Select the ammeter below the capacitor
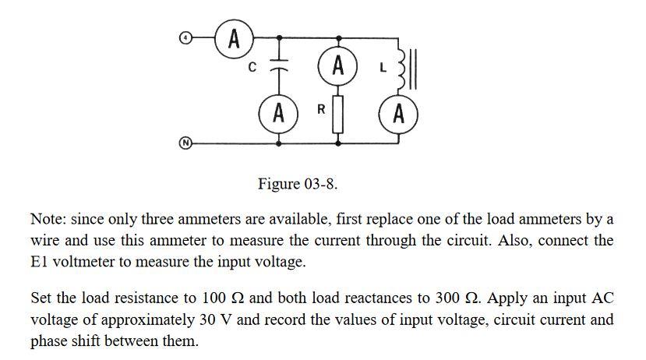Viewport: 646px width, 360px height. (x=278, y=114)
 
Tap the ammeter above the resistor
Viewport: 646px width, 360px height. (x=337, y=65)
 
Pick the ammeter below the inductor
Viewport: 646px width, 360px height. (x=398, y=114)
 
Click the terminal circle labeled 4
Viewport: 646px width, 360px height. (x=185, y=37)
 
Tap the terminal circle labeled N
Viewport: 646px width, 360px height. (x=185, y=143)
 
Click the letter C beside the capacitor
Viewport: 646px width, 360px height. (x=252, y=68)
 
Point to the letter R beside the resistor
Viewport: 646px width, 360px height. (x=320, y=110)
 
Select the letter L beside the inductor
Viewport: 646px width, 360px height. (x=382, y=68)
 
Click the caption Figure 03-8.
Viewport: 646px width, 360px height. (x=298, y=184)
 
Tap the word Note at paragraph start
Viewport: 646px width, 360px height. (x=46, y=218)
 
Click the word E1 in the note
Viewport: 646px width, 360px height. (x=40, y=262)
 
